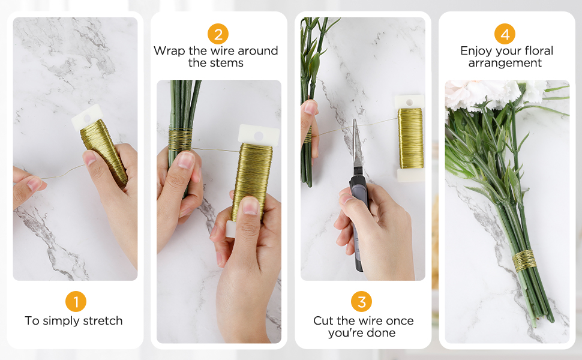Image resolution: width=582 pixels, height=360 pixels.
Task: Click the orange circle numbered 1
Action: coord(76,301)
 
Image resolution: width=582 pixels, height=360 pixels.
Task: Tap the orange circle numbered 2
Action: coord(218,34)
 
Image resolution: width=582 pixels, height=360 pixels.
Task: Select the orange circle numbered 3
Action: coord(362,301)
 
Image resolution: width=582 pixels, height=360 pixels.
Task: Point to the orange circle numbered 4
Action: coord(505,34)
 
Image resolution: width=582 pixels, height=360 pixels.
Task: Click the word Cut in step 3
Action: coord(323,320)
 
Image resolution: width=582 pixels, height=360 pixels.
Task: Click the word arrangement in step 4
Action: coord(505,63)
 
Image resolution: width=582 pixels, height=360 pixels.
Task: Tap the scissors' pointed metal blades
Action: coord(356,144)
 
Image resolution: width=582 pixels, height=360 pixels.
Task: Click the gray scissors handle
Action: coord(358,223)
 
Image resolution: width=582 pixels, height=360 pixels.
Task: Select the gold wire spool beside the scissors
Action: coord(410,138)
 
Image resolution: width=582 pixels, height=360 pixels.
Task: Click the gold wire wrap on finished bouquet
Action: coord(524,260)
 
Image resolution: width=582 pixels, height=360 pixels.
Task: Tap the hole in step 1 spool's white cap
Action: coord(87,119)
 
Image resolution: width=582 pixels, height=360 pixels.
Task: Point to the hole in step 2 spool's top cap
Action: coord(259,136)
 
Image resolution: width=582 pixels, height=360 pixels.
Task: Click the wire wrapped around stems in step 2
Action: coord(181,139)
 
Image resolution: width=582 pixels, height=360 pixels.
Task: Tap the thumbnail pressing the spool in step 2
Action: coord(250,205)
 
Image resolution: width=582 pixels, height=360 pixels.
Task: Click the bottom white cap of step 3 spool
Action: coord(410,175)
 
